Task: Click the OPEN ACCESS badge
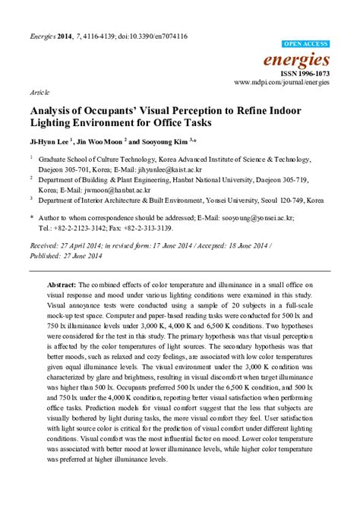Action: pos(305,45)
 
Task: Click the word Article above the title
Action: pos(39,90)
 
